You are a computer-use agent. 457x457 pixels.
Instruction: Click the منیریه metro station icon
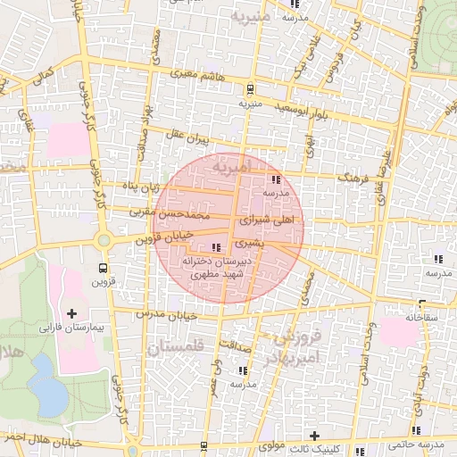pos(249,88)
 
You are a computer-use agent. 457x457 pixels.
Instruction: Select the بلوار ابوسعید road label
pos(308,110)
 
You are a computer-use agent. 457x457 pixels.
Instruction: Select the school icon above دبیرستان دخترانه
pos(215,247)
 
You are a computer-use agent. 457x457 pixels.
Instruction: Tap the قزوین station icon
pos(104,267)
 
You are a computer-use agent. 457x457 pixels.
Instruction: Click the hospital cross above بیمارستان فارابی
pos(71,313)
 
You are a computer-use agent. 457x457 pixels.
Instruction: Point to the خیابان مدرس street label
pos(164,314)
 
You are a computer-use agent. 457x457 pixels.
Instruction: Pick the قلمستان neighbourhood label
pos(175,347)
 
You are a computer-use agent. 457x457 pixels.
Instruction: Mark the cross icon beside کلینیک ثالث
pos(314,435)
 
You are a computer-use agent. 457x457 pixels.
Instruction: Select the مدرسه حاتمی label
pos(417,445)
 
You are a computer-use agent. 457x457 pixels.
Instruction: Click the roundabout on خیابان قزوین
pos(104,240)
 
